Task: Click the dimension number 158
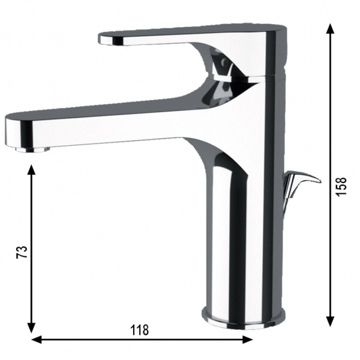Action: (341, 186)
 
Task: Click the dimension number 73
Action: (22, 252)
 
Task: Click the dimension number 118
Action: (140, 330)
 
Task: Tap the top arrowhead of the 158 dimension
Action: (330, 29)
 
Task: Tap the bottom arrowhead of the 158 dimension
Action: (330, 321)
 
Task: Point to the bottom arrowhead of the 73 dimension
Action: (31, 327)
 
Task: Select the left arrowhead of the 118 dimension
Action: (37, 340)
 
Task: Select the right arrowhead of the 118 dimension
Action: (247, 340)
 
